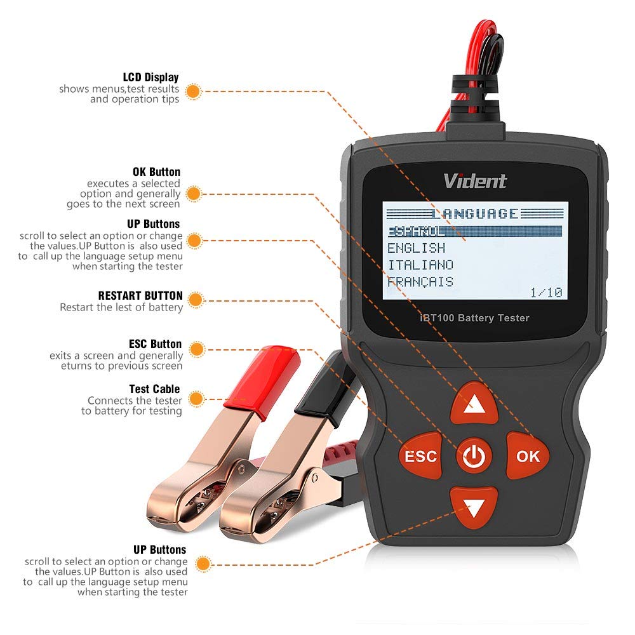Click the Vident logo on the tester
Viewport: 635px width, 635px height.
(475, 181)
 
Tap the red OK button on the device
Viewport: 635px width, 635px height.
(528, 455)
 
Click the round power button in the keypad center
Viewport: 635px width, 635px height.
(474, 455)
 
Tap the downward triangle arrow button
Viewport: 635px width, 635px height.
(474, 506)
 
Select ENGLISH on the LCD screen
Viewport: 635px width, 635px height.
(417, 248)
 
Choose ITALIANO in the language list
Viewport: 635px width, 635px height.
(420, 265)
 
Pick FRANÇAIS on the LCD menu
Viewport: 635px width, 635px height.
(420, 281)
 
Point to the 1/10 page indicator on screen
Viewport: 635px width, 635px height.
(546, 292)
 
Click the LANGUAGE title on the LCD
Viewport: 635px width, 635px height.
(474, 213)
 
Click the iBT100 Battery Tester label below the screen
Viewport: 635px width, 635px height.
(474, 317)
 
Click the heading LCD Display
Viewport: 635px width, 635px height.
(151, 77)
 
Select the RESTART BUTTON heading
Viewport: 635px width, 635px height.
(140, 296)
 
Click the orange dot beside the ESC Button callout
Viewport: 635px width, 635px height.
(197, 349)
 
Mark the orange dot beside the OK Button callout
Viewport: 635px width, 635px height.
(196, 193)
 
